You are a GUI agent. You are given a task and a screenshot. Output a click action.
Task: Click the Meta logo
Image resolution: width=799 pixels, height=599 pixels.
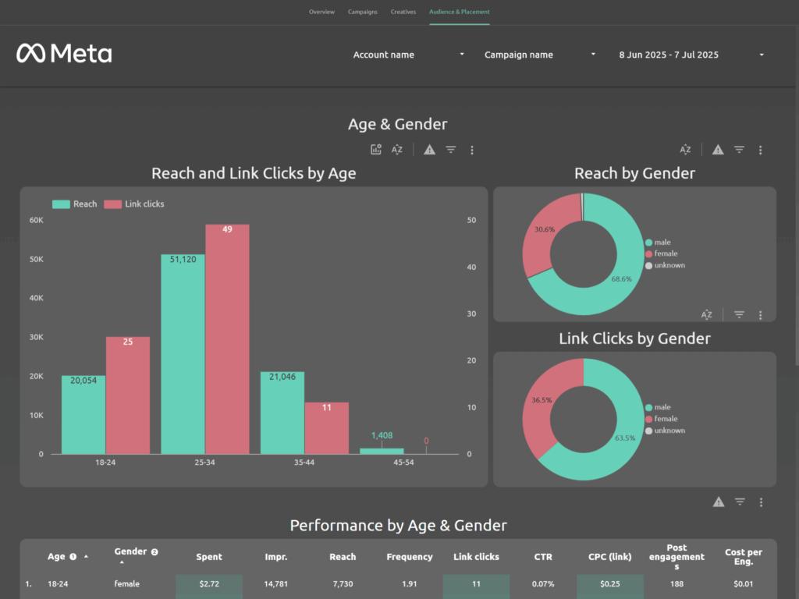(64, 53)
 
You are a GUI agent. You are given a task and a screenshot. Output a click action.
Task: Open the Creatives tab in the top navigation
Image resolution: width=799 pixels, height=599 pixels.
(403, 12)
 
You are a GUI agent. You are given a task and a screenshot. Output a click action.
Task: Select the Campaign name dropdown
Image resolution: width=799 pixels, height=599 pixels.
(540, 55)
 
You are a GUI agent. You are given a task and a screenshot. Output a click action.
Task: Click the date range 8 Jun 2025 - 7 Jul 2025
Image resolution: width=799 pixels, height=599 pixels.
(691, 55)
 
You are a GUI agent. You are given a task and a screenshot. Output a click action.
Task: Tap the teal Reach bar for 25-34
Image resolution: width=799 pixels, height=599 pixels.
(183, 354)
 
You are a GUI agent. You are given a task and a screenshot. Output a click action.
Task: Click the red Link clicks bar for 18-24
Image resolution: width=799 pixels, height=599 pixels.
(128, 395)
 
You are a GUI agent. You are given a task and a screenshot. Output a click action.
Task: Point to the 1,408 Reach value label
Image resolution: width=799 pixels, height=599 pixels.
(382, 435)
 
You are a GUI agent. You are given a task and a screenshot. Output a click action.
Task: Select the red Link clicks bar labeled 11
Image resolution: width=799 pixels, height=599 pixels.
(326, 428)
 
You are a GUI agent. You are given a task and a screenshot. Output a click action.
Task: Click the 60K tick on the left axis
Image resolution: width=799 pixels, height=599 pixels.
(37, 220)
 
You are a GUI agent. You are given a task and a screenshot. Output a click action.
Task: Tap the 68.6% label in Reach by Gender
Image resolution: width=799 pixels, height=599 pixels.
(621, 278)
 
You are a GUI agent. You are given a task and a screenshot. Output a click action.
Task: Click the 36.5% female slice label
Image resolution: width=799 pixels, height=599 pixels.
(542, 400)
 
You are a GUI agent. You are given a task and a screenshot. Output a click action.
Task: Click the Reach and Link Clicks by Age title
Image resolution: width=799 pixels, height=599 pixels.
(254, 173)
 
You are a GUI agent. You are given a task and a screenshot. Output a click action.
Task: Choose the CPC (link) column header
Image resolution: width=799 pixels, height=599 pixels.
(610, 557)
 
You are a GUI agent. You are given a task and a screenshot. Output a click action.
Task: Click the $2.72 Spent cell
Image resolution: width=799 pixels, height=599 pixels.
(208, 583)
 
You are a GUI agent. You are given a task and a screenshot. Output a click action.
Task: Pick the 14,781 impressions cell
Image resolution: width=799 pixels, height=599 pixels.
(276, 583)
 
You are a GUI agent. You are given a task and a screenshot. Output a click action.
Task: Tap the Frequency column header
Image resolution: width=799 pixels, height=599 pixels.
(409, 557)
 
